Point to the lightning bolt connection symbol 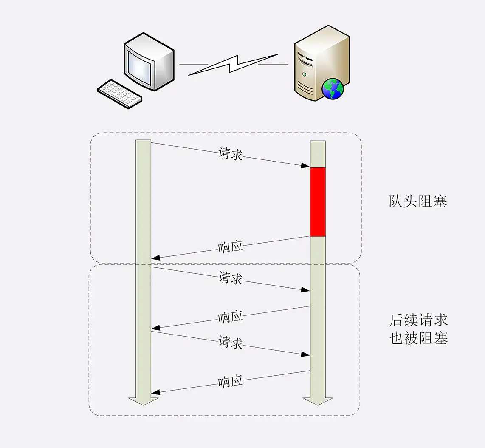point(233,65)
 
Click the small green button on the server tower point(304,74)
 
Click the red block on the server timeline point(318,202)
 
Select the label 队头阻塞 point(418,201)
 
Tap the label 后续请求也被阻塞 point(418,329)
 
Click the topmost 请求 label point(231,154)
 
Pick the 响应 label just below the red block point(231,247)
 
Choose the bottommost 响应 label point(231,381)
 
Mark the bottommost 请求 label point(231,342)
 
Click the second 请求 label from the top point(231,278)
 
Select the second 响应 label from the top point(231,317)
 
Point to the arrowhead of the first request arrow point(306,165)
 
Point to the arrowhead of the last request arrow point(306,354)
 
